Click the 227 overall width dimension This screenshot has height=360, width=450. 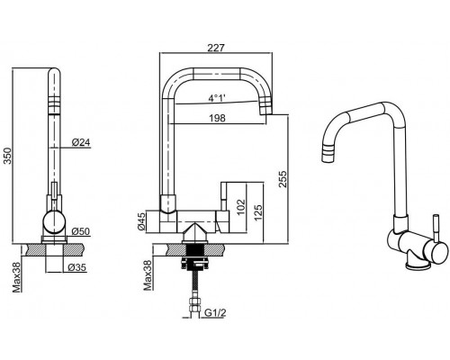click(x=216, y=48)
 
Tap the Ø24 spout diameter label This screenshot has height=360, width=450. click(x=81, y=142)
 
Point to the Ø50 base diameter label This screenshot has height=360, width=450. click(x=81, y=231)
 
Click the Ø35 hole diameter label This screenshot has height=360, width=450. click(x=77, y=267)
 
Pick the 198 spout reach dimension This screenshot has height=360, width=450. click(x=217, y=118)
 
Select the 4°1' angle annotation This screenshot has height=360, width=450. click(x=217, y=98)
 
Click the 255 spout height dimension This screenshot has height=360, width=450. click(x=283, y=179)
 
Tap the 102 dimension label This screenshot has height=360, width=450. click(x=241, y=207)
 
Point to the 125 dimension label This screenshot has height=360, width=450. click(x=258, y=212)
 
